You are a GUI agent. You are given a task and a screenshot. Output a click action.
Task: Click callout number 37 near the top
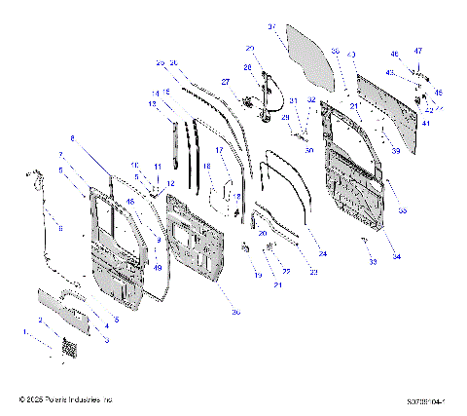tap(271, 26)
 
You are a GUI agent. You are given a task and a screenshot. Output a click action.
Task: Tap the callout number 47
tap(420, 50)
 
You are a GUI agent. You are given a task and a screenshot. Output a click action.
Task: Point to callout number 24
tap(322, 253)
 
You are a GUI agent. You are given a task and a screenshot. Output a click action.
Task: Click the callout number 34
tap(396, 256)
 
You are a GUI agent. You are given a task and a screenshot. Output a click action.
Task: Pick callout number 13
tap(153, 103)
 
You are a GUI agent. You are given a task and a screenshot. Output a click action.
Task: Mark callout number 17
tap(219, 151)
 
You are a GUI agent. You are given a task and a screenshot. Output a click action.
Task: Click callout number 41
tap(425, 123)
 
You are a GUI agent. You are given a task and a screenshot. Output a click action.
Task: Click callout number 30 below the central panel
tap(235, 313)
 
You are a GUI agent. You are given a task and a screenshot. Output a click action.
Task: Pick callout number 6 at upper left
tap(72, 139)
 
